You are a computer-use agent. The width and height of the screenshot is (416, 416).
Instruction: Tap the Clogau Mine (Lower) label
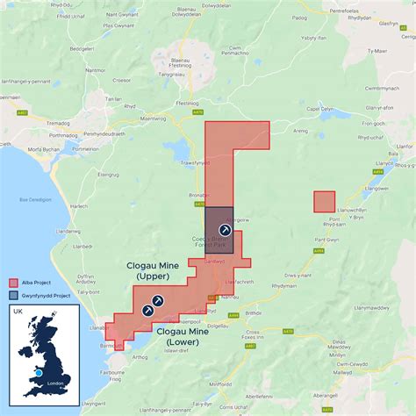click(x=186, y=336)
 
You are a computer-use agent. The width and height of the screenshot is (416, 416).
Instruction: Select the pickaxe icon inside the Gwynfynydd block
click(x=223, y=228)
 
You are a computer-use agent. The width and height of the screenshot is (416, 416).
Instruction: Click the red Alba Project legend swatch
click(x=13, y=283)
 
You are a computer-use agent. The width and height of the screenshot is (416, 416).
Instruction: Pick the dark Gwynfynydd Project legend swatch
click(x=13, y=296)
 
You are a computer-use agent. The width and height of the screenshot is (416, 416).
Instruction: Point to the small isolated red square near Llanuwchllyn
click(x=324, y=201)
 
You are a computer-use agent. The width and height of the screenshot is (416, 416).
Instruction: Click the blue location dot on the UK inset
click(x=39, y=373)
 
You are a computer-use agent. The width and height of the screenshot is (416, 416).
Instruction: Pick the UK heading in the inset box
click(x=18, y=311)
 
